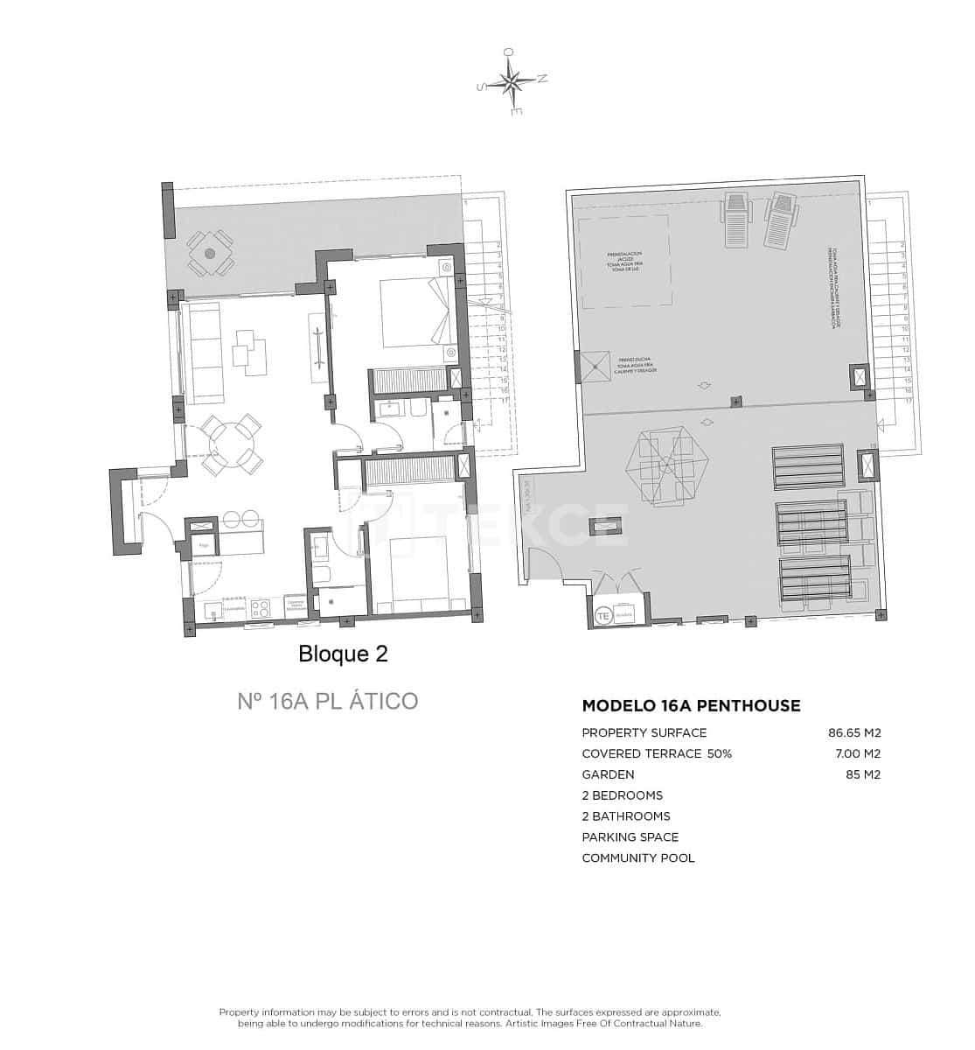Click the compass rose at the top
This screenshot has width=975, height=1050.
pyautogui.click(x=512, y=82)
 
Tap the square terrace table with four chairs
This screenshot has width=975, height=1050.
pyautogui.click(x=210, y=253)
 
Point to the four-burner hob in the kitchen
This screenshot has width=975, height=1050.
pyautogui.click(x=261, y=608)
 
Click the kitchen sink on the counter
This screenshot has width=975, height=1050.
pyautogui.click(x=213, y=610)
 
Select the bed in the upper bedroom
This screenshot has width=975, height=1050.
pyautogui.click(x=415, y=311)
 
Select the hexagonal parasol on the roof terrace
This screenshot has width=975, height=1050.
pyautogui.click(x=666, y=465)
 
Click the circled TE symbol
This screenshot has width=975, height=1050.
pyautogui.click(x=603, y=615)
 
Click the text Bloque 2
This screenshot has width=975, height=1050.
pyautogui.click(x=343, y=654)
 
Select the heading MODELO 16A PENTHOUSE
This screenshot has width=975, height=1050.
pyautogui.click(x=691, y=705)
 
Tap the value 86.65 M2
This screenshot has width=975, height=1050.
pyautogui.click(x=853, y=732)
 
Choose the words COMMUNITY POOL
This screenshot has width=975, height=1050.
pyautogui.click(x=638, y=858)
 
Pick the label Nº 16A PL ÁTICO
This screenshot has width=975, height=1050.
pyautogui.click(x=327, y=701)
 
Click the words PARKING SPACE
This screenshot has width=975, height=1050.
pyautogui.click(x=630, y=837)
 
